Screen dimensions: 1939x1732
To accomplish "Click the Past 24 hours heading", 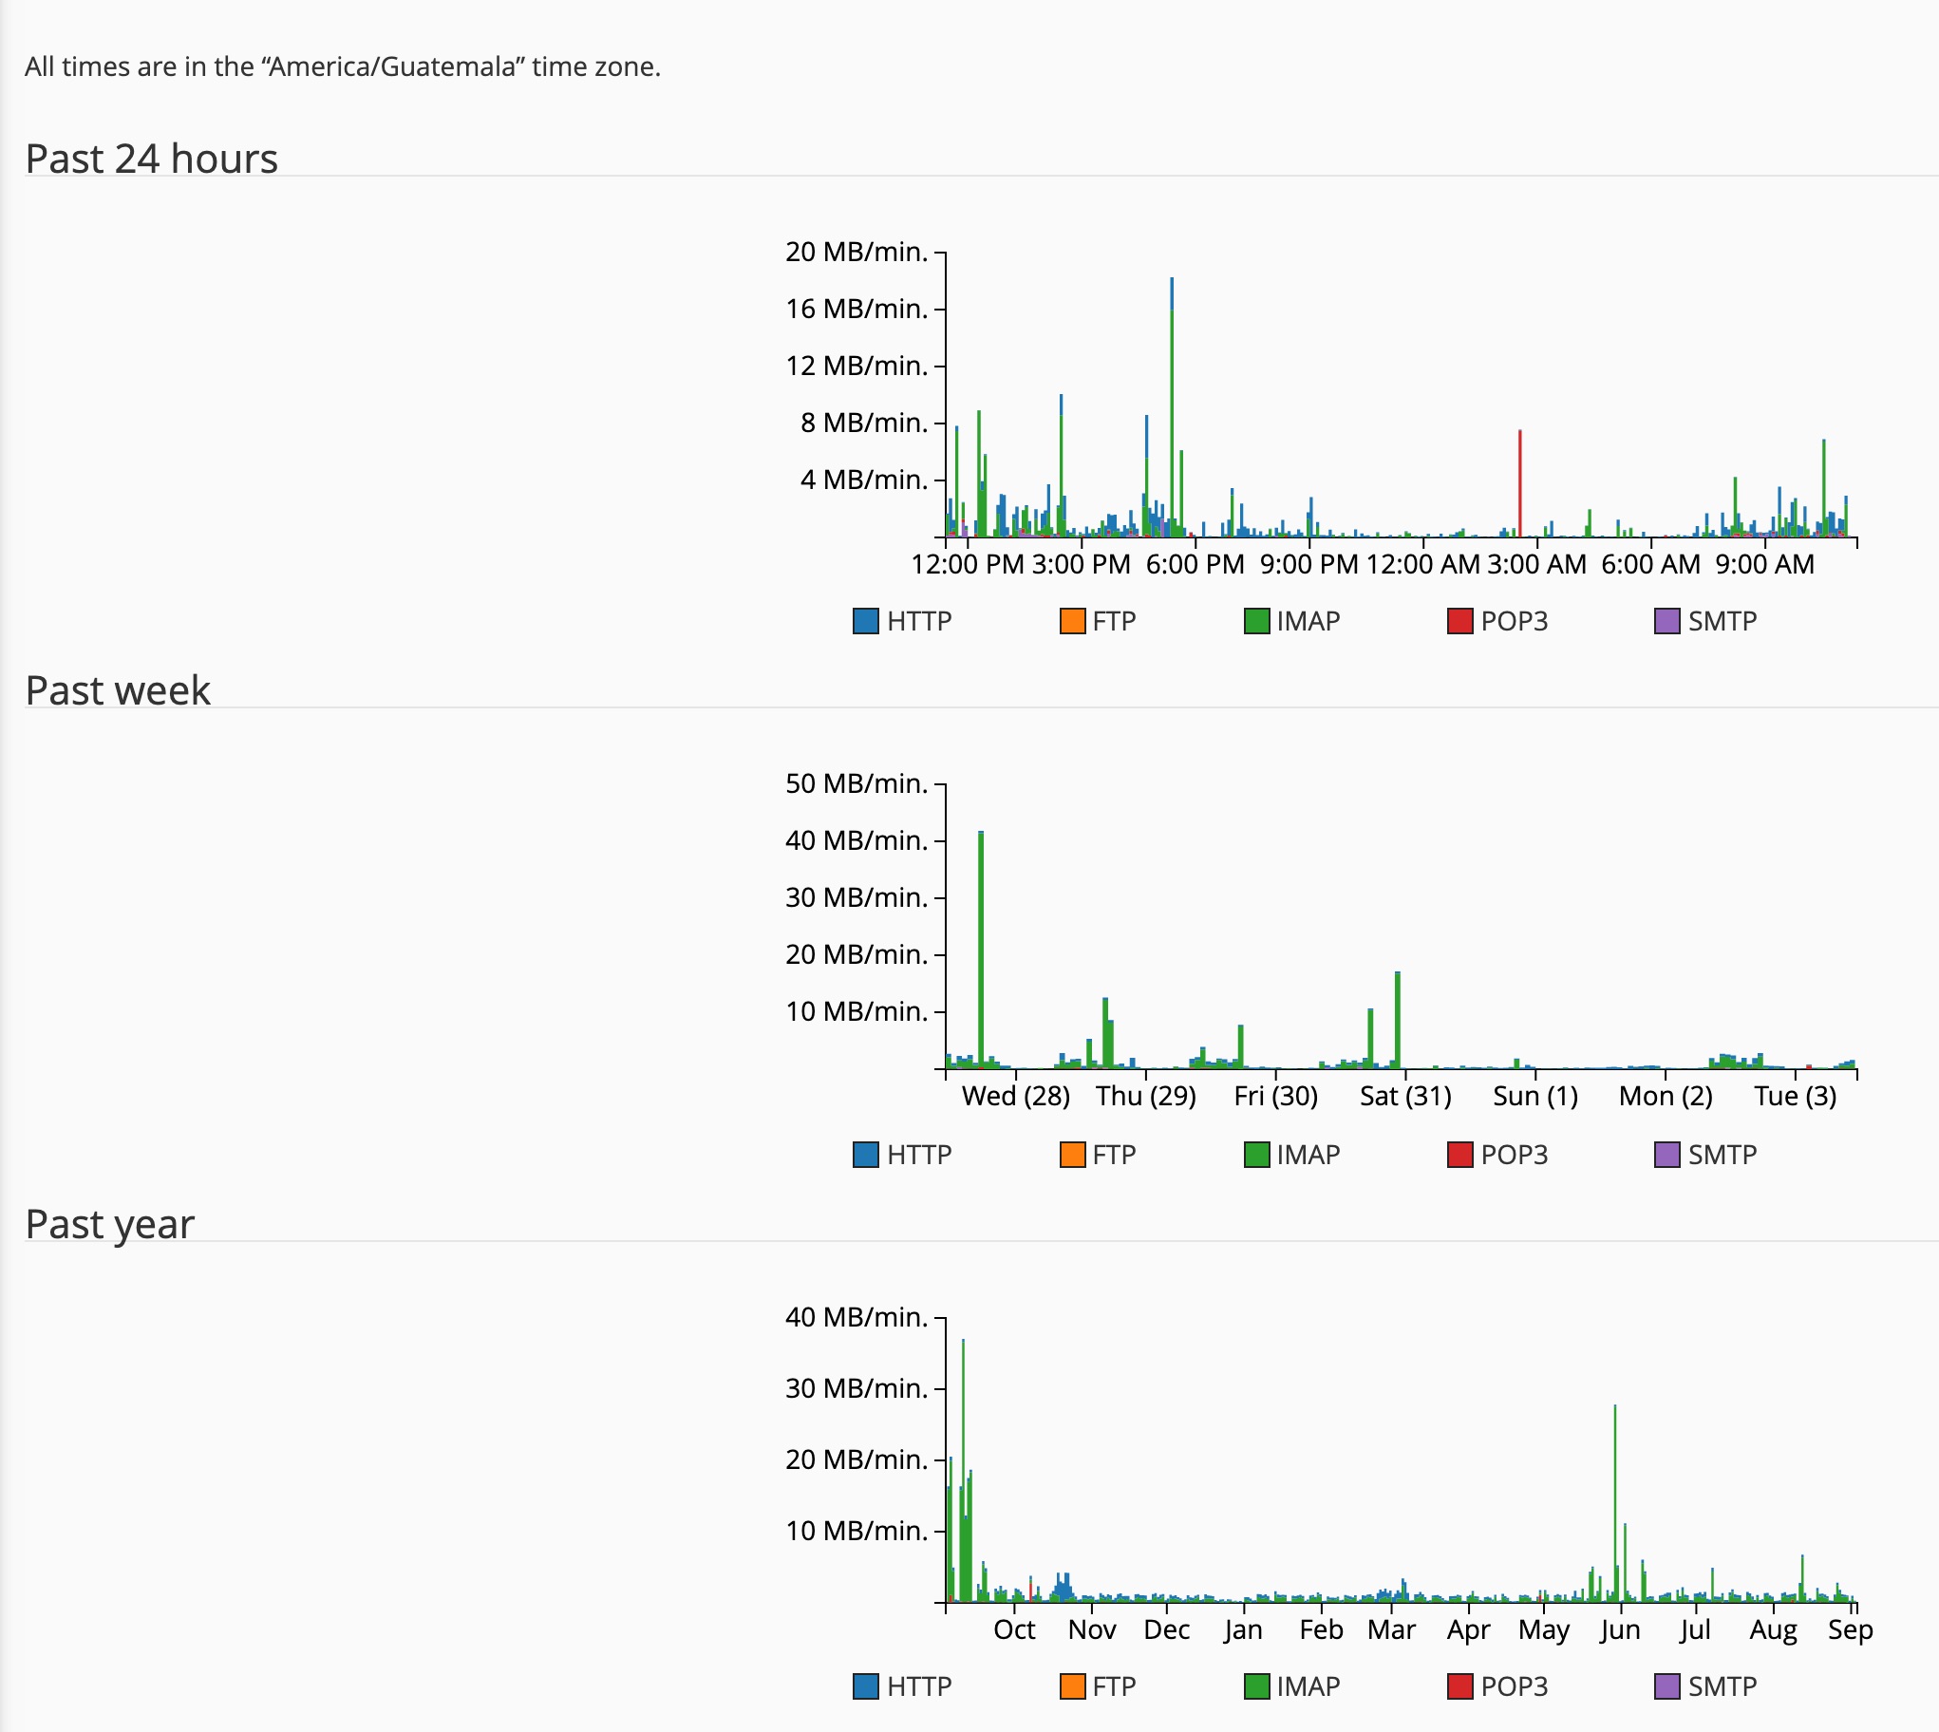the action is pos(151,159).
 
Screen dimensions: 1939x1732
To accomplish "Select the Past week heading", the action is pos(118,691).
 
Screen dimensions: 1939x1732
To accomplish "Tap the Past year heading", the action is pos(109,1225).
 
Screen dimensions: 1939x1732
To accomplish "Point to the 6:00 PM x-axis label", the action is pos(1195,564).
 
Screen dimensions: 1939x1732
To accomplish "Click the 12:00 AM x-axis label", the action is pos(1422,564).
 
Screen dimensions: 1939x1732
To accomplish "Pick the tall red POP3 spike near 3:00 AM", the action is pos(1519,483).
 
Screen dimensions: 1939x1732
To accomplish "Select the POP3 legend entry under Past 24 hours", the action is pos(1497,621).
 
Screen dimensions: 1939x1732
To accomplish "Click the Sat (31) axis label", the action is pos(1405,1097).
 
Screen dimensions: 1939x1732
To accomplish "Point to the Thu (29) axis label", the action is pos(1145,1097).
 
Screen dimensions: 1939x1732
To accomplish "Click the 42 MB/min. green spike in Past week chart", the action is pos(981,950).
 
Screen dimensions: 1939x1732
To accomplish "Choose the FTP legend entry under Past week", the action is pos(1098,1155).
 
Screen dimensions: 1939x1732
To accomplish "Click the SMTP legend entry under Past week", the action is pos(1706,1155).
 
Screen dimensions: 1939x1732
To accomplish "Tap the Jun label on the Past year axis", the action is pos(1620,1630).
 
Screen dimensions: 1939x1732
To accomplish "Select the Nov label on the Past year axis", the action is pos(1092,1630).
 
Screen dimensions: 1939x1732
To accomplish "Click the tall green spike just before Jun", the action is pos(1614,1503).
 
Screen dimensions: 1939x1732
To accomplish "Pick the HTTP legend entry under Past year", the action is pos(902,1686).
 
